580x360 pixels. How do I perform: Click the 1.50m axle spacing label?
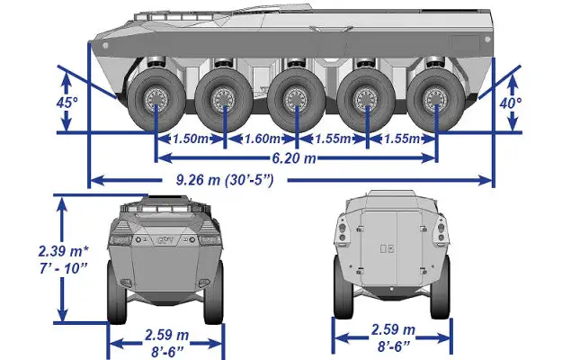[x=191, y=139]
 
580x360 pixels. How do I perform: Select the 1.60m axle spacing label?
[x=263, y=139]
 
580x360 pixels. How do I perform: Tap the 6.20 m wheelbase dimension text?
[x=294, y=158]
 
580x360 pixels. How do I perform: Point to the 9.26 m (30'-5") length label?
[x=225, y=180]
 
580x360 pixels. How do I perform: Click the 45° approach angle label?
[x=67, y=103]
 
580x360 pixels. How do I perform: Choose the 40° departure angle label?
[x=511, y=103]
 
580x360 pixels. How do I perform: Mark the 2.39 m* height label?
[x=64, y=251]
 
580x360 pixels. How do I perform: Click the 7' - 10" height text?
[x=63, y=268]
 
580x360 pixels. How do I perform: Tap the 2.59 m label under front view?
[x=167, y=335]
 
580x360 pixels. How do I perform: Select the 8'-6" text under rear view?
[x=394, y=346]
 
